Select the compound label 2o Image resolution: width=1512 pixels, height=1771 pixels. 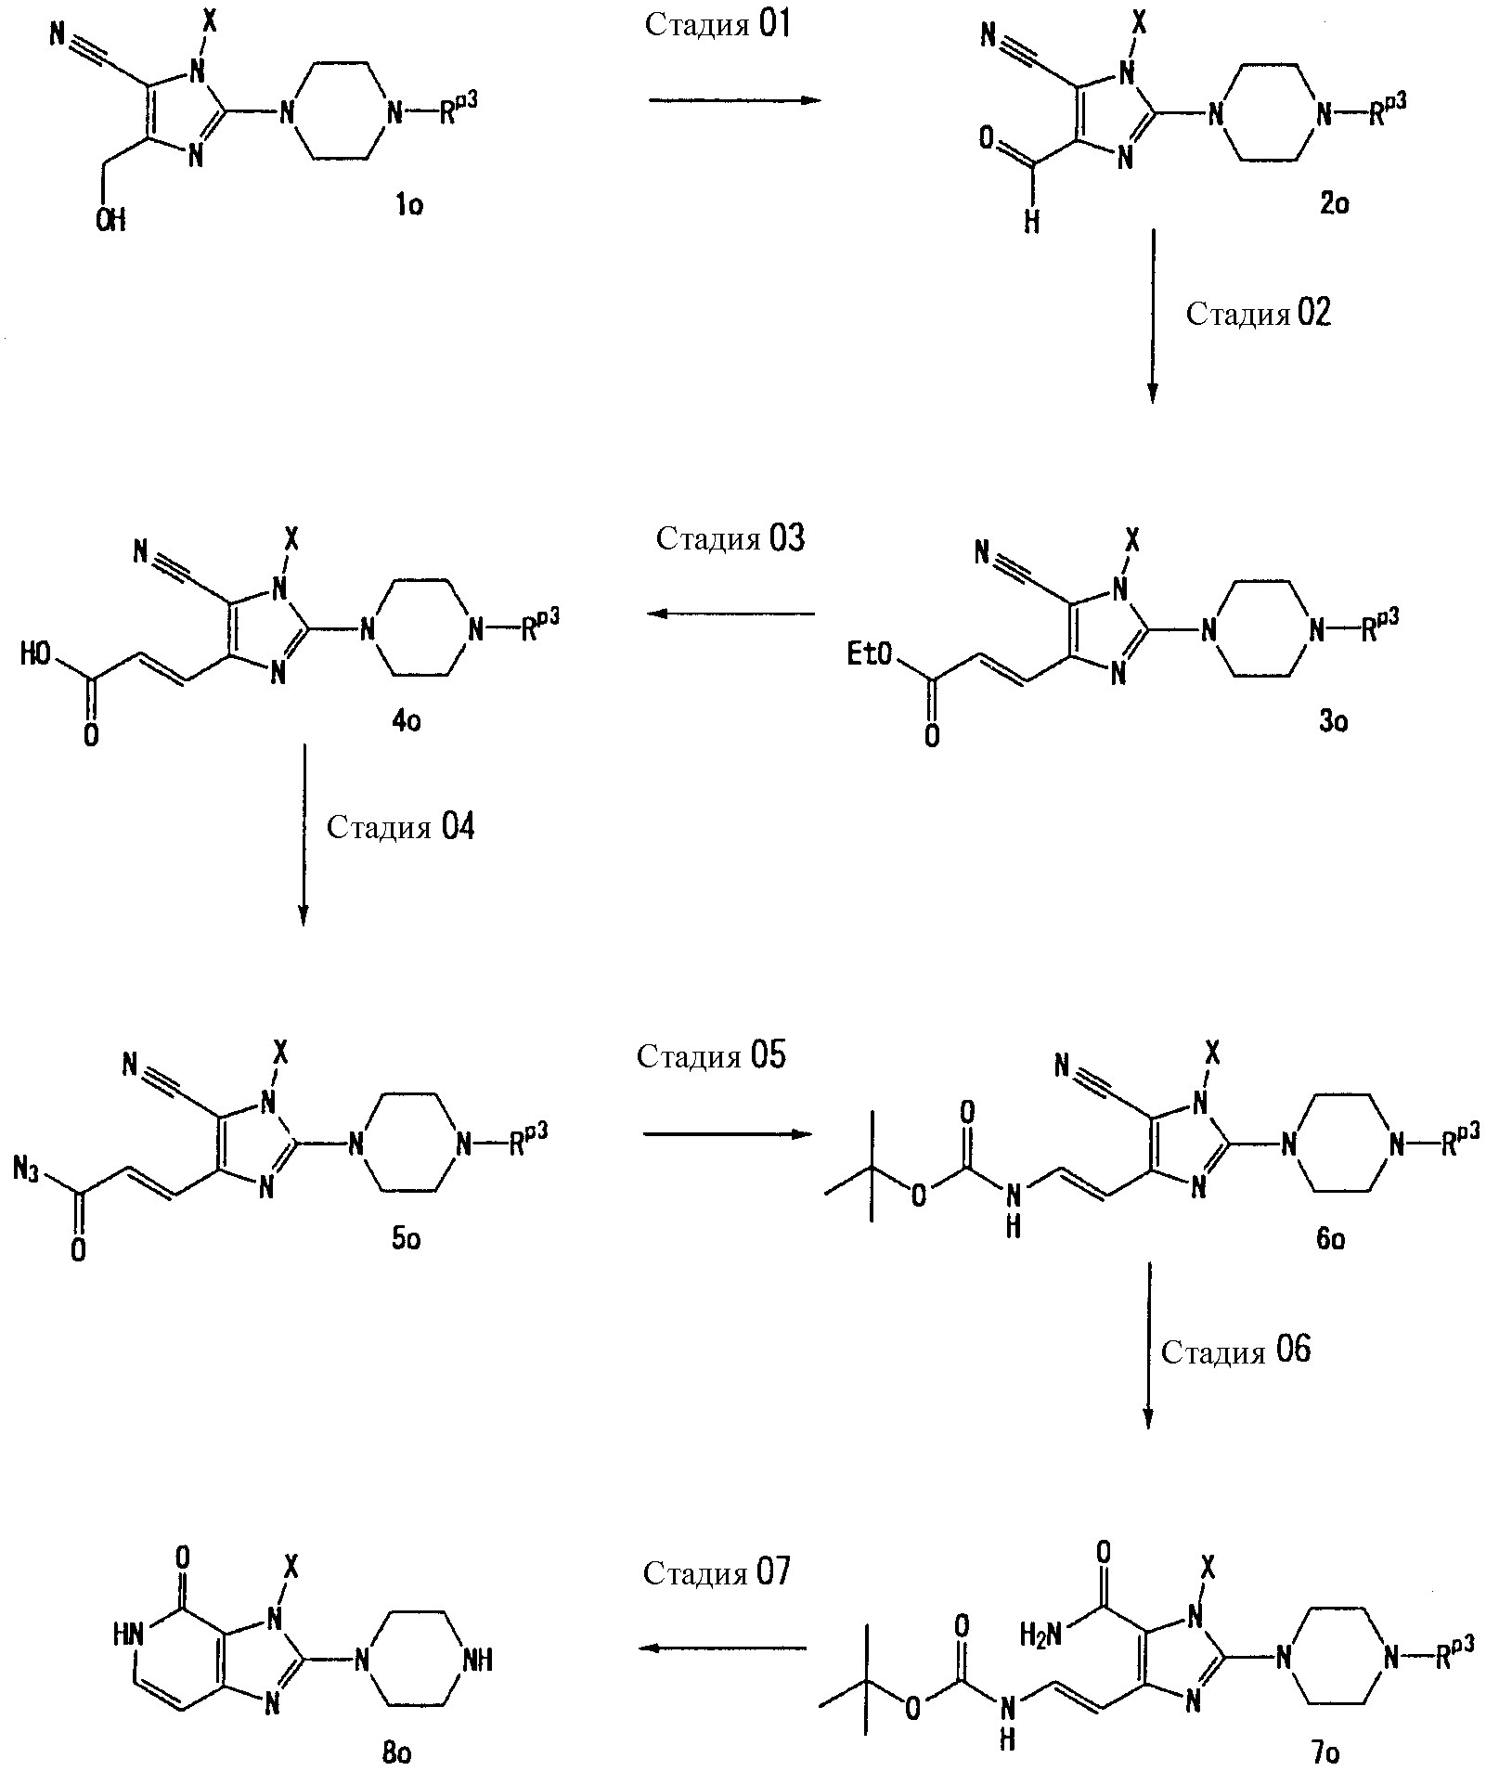pos(1334,203)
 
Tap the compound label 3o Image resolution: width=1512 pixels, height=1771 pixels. pos(1334,720)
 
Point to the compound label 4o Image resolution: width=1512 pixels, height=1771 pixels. pos(406,720)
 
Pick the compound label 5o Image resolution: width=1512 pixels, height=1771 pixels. pos(406,1238)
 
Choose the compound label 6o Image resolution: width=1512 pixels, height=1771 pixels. pos(1330,1238)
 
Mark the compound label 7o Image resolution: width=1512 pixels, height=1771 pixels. pos(1325,1753)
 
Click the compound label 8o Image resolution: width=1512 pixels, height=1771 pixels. pos(396,1752)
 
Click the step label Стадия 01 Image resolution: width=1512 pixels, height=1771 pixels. pos(717,25)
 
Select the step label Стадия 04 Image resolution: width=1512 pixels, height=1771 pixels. pos(400,826)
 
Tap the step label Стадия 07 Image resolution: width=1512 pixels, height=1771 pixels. pos(717,1573)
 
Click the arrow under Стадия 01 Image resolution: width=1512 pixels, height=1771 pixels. pos(735,100)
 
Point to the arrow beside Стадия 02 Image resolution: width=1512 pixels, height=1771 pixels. pos(1152,316)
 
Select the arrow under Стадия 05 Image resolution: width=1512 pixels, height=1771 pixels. pos(728,1134)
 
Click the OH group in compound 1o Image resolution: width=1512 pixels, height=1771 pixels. pos(110,220)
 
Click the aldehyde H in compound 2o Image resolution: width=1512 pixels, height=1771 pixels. pos(1031,222)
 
